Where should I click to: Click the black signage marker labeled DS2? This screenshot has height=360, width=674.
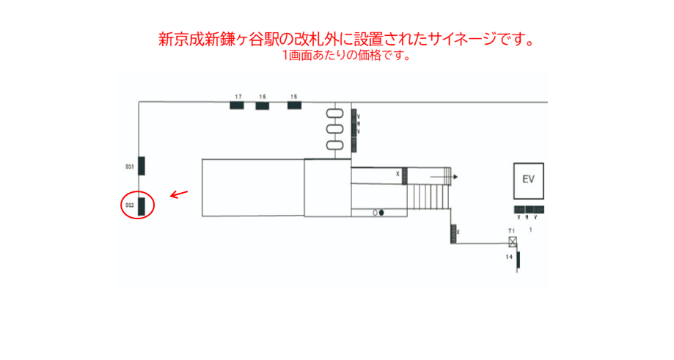143,205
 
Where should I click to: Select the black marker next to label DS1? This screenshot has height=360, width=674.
142,166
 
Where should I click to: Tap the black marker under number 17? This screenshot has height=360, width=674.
237,106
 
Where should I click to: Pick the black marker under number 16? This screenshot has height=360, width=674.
262,106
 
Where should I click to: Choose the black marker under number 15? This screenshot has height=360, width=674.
294,106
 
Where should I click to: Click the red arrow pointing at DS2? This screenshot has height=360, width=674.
178,195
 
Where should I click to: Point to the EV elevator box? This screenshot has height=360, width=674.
528,180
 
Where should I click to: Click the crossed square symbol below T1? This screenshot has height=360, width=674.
513,241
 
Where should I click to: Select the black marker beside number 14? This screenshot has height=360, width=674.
519,260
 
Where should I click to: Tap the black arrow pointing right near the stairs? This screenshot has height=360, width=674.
444,177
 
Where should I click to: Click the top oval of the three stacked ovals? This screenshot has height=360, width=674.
334,113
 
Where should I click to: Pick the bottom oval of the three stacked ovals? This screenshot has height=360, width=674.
334,144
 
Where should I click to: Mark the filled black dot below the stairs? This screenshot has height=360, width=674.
381,213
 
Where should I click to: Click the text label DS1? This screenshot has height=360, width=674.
128,167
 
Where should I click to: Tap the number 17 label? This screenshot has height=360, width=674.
238,97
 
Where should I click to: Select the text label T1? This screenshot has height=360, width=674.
512,232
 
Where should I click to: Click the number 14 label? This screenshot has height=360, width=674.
508,257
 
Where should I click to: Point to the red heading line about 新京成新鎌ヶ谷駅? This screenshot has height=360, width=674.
345,40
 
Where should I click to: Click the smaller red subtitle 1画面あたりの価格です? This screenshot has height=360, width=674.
345,56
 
